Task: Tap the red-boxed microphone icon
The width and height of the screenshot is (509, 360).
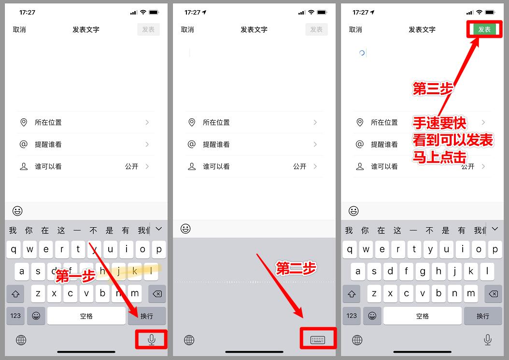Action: [152, 340]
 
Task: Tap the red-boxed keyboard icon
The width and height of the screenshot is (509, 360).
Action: [317, 340]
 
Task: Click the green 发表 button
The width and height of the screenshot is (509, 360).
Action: [484, 29]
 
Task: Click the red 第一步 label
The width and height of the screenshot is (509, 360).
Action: [75, 276]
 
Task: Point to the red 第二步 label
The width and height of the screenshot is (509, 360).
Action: [296, 269]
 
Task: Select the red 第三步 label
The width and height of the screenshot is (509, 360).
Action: [433, 89]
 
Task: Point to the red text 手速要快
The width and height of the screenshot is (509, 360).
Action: [439, 123]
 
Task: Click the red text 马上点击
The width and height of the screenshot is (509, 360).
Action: [439, 157]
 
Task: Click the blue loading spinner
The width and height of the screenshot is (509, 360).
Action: [362, 53]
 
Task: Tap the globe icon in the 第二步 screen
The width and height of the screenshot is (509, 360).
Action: [189, 340]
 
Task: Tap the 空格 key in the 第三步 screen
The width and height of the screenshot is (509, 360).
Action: [423, 316]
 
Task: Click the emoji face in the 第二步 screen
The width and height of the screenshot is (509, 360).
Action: [185, 229]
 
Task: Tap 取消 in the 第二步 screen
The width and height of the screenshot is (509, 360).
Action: [187, 29]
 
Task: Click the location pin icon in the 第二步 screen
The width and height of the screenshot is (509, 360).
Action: [192, 122]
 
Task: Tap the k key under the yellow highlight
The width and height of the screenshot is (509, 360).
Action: [135, 272]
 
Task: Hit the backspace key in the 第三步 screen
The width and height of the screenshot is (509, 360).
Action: [493, 294]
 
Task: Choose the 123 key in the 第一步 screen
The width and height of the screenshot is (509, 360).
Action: [15, 316]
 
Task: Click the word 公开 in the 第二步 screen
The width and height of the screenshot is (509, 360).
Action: [299, 166]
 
